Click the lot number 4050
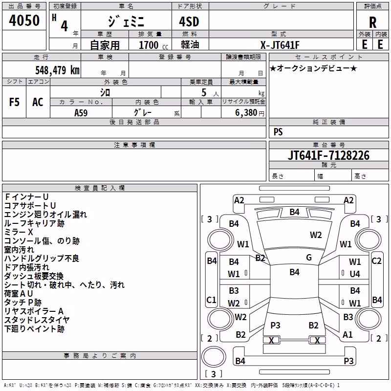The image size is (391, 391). pyautogui.click(x=24, y=20)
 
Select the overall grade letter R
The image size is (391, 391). pyautogui.click(x=372, y=22)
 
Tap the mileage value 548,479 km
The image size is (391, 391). pyautogui.click(x=57, y=70)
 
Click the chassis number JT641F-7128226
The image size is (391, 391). pyautogui.click(x=328, y=155)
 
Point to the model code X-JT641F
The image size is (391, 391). pyautogui.click(x=280, y=45)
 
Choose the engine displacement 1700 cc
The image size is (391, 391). pyautogui.click(x=153, y=45)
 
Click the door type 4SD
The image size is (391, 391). pyautogui.click(x=189, y=22)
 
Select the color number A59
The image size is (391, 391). pyautogui.click(x=81, y=113)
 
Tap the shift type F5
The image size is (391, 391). pyautogui.click(x=14, y=102)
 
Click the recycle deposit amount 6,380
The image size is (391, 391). pyautogui.click(x=246, y=113)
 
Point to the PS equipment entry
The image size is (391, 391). pyautogui.click(x=278, y=131)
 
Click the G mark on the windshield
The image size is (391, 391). pyautogui.click(x=309, y=257)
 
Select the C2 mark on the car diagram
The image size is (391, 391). pyautogui.click(x=376, y=261)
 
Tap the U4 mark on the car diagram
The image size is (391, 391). pyautogui.click(x=355, y=274)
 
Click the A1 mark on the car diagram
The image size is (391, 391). pyautogui.click(x=348, y=334)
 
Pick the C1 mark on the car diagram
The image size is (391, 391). pyautogui.click(x=211, y=300)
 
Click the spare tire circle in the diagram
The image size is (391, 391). pyautogui.click(x=214, y=356)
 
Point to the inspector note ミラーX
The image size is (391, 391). pyautogui.click(x=19, y=232)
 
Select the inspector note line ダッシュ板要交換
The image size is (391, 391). pyautogui.click(x=34, y=276)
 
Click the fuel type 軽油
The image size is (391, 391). pyautogui.click(x=190, y=44)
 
